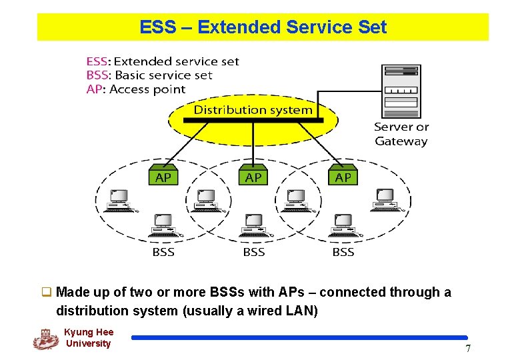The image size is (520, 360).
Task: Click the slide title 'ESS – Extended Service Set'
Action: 263,27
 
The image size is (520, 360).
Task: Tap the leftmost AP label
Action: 163,177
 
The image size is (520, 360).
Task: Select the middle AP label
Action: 253,177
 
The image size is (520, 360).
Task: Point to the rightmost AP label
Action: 343,177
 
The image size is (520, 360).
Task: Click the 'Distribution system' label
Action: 253,110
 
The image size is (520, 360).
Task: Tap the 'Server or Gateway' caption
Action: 401,134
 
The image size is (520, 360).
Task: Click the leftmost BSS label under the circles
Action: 163,252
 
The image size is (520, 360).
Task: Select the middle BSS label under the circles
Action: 253,252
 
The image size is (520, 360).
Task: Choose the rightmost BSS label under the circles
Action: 343,252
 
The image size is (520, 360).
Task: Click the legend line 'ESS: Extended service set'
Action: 162,61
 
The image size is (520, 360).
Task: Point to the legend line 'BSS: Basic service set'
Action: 149,75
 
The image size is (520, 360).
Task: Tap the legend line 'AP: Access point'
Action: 136,89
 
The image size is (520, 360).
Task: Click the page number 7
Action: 468,349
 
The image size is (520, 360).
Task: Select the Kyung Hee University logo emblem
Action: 45,339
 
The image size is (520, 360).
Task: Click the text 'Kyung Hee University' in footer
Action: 89,338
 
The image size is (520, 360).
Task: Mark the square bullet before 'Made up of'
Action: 47,292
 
